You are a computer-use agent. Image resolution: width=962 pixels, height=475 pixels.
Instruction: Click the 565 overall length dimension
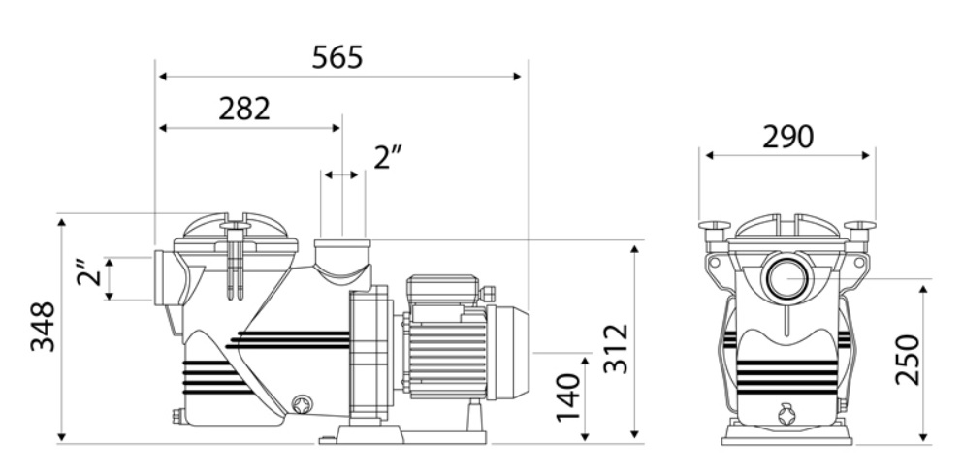point(337,57)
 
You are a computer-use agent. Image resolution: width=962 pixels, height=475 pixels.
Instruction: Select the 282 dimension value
point(244,110)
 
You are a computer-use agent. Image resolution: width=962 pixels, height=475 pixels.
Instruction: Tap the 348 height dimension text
point(43,326)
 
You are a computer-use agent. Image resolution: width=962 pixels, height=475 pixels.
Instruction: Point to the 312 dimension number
point(616,349)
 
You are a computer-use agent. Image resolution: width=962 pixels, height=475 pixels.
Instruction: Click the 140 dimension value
point(568,397)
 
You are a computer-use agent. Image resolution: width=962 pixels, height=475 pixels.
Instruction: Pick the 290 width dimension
point(787,138)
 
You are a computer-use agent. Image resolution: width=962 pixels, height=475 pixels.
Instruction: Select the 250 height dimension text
point(908,360)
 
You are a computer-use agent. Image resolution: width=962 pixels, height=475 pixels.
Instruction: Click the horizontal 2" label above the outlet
point(388,158)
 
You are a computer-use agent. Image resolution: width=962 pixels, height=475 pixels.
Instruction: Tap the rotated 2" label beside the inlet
point(89,272)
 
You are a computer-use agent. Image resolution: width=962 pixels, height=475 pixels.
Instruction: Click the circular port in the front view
point(786,277)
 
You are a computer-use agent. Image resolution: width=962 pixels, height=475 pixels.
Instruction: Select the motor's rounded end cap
point(508,352)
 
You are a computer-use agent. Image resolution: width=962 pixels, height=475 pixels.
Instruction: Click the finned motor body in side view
point(448,362)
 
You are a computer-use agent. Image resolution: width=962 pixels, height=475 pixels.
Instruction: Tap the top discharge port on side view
point(342,264)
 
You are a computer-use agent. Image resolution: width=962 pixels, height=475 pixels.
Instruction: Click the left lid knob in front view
point(715,233)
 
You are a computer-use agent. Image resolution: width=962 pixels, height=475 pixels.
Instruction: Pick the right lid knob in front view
point(859,233)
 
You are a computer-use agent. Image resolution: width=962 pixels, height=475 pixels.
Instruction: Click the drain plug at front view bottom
point(786,414)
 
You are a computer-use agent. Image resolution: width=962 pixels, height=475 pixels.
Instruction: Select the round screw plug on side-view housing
point(302,405)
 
